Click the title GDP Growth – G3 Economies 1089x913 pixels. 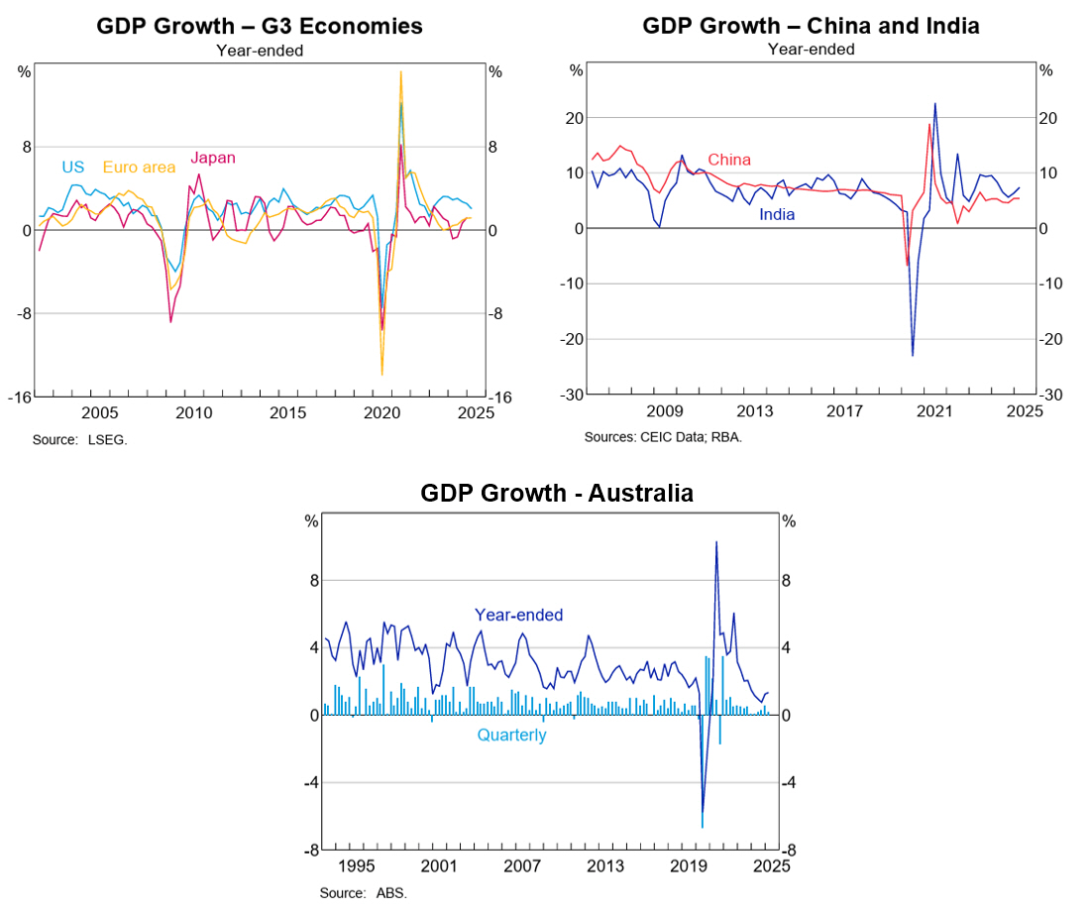click(259, 26)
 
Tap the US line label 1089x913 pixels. click(72, 168)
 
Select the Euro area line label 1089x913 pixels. click(139, 168)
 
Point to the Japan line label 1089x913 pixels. click(212, 158)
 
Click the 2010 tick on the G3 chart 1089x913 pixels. click(193, 411)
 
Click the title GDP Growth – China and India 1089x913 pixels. click(811, 26)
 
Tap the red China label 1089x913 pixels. click(728, 160)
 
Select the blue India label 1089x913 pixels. click(777, 214)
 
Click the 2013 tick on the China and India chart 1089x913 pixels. click(755, 411)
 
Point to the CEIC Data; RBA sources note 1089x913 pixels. click(662, 436)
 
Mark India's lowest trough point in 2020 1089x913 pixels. click(913, 355)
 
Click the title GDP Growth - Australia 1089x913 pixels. click(556, 493)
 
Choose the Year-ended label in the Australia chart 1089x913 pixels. click(518, 615)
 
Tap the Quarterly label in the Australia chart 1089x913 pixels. click(511, 736)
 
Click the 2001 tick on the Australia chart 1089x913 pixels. click(437, 866)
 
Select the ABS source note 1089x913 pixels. click(363, 892)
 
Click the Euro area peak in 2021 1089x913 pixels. click(400, 71)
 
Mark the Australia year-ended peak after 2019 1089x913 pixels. click(716, 541)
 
